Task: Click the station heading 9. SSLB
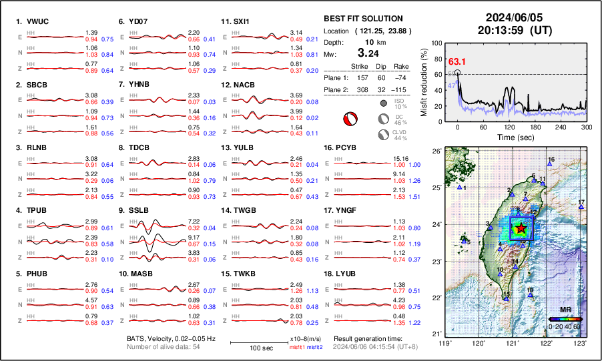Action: click(133, 210)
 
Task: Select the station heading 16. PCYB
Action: click(343, 147)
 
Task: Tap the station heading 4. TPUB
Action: click(32, 210)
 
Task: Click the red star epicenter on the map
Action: click(521, 229)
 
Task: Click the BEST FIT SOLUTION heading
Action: click(363, 19)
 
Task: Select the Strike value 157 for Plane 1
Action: click(358, 77)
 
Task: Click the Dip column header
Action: click(381, 66)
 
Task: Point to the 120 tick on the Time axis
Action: click(509, 127)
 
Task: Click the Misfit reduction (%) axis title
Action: click(424, 81)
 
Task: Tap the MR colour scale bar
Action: click(565, 319)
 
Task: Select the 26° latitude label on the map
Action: click(436, 151)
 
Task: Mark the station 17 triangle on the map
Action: click(581, 208)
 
